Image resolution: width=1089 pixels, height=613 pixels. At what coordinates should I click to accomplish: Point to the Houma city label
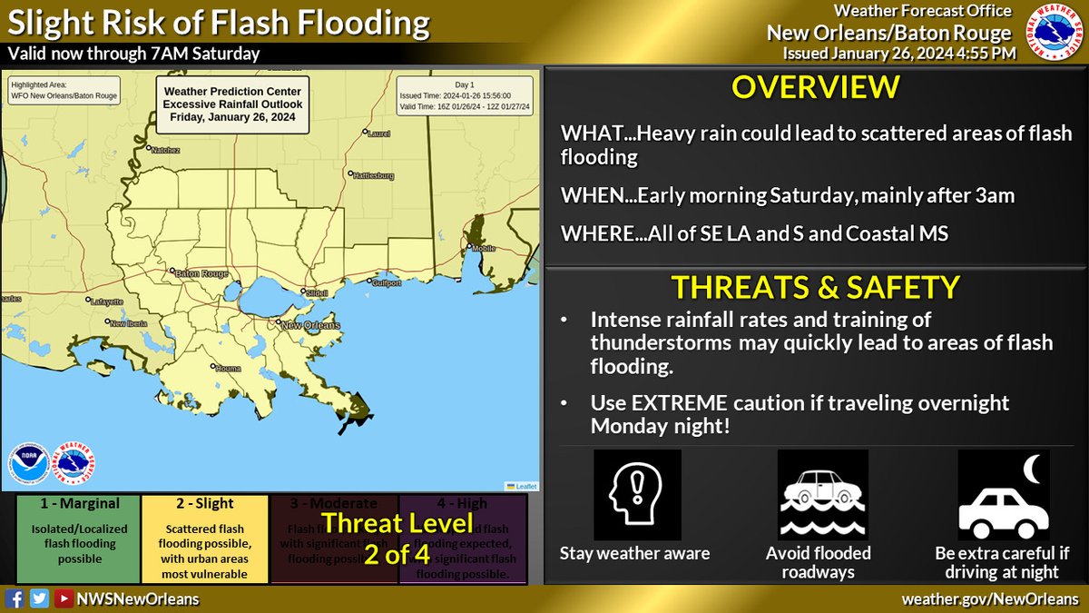pyautogui.click(x=228, y=368)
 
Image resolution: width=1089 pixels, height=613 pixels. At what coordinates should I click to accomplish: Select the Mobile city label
pyautogui.click(x=487, y=248)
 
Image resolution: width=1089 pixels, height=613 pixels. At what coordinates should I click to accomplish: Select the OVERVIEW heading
pyautogui.click(x=816, y=88)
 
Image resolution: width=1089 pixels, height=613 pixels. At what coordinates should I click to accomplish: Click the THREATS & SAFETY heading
pyautogui.click(x=815, y=287)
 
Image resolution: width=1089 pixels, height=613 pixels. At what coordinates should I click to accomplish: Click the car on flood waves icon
pyautogui.click(x=822, y=496)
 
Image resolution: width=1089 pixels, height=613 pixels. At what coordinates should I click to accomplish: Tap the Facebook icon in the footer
pyautogui.click(x=15, y=599)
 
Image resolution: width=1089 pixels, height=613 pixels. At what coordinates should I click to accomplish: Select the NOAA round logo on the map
pyautogui.click(x=27, y=462)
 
